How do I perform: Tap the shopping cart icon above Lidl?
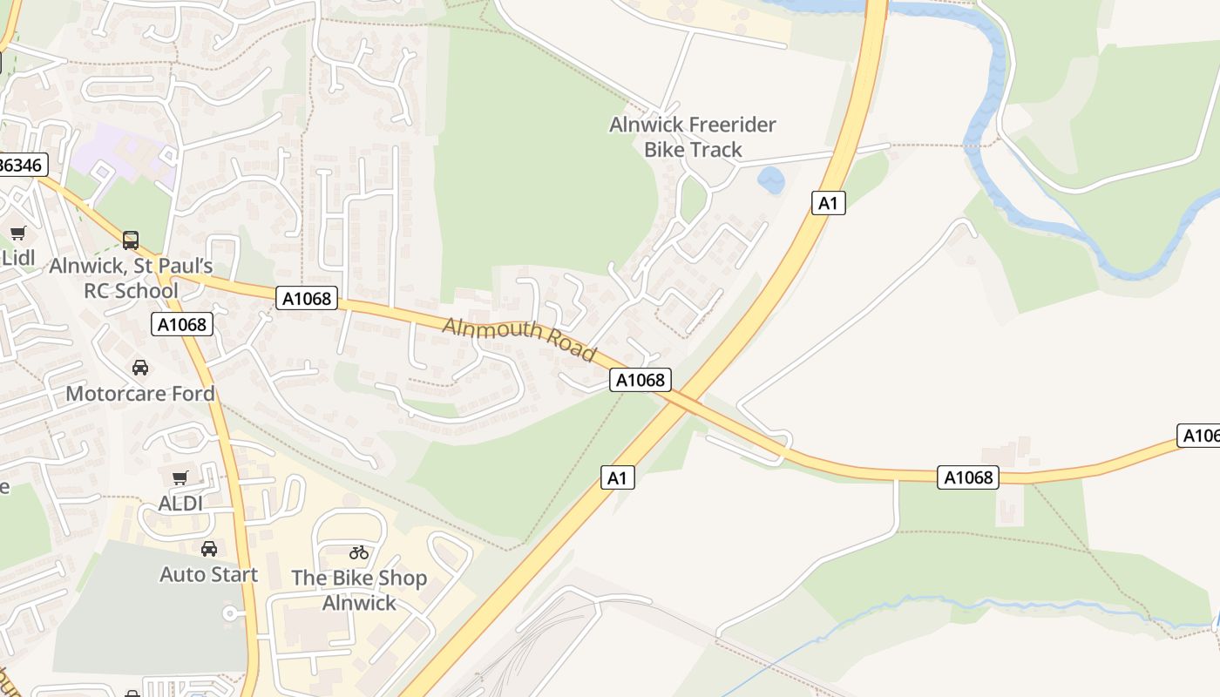click(17, 233)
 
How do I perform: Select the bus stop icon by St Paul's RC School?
click(131, 240)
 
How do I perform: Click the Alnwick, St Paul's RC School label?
click(131, 278)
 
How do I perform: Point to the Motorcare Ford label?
click(140, 393)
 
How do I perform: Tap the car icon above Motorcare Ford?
click(140, 368)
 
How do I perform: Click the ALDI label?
click(180, 504)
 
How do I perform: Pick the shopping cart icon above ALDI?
click(180, 477)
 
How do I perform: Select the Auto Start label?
click(209, 574)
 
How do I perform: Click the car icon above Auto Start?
click(209, 549)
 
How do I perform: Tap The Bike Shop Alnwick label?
click(359, 590)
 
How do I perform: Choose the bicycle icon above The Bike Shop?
click(359, 552)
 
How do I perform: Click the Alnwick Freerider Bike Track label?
click(693, 137)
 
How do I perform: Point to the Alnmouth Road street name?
click(519, 338)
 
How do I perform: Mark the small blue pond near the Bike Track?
click(770, 180)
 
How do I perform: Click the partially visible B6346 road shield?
click(22, 165)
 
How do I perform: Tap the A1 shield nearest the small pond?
click(828, 203)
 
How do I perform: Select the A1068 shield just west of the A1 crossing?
click(640, 379)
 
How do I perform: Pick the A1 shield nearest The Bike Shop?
click(617, 477)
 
